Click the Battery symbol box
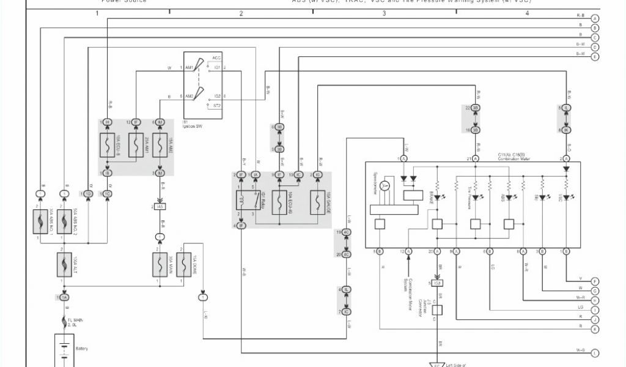(64, 350)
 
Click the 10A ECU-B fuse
(108, 147)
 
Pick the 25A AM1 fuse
(136, 147)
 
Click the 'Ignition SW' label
(192, 125)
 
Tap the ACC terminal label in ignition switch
(216, 57)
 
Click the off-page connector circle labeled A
(595, 18)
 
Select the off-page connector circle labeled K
(595, 329)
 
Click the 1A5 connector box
(160, 207)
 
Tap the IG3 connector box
(437, 283)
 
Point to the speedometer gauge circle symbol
(385, 185)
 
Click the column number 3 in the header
(384, 13)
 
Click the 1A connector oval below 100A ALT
(64, 297)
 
